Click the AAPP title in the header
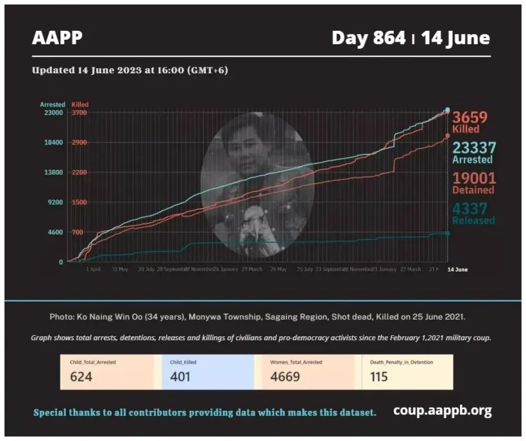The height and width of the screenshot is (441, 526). coord(57,38)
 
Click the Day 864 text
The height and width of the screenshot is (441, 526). coord(368,38)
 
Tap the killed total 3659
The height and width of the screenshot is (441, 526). coord(474,117)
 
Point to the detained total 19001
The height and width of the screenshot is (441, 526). coord(474,178)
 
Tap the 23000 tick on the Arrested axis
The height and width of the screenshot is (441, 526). coord(53,113)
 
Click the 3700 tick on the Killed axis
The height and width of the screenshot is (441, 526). coord(79,113)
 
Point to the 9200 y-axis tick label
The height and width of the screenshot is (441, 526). coord(54,202)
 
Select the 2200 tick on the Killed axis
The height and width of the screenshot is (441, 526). coord(79,173)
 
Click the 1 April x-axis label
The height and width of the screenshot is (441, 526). coord(93,270)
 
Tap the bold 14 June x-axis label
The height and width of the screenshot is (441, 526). coord(457,270)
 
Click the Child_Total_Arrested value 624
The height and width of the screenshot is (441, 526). coord(81,377)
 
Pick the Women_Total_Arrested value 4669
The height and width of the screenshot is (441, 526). coord(285,377)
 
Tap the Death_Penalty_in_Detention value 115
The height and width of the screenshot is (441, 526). coord(379,377)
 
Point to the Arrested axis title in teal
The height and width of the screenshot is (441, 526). coord(53,104)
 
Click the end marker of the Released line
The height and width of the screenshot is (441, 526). coord(447,233)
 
